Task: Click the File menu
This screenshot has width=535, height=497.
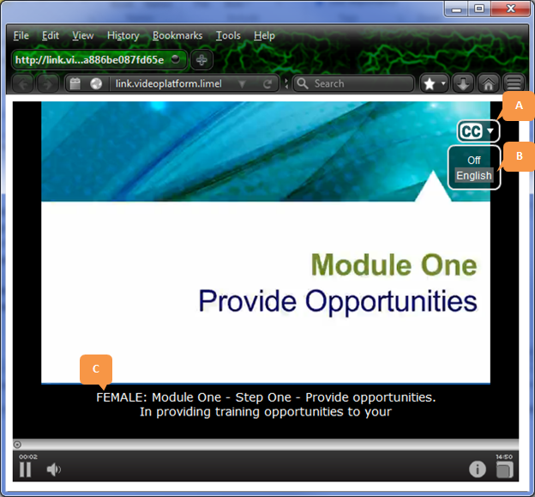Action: point(21,35)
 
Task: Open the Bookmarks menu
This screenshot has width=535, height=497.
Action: point(177,35)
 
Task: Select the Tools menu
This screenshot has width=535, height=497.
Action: point(228,35)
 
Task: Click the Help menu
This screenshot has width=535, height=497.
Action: point(265,35)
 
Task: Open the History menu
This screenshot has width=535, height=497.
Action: point(123,35)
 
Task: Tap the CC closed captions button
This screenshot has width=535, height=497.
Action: point(477,131)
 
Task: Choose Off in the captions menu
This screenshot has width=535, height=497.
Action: point(474,160)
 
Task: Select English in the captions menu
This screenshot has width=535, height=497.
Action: point(474,175)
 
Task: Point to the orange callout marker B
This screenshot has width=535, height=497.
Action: point(518,155)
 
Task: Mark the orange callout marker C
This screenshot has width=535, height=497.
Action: point(96,368)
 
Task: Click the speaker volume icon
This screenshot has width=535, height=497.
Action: point(53,470)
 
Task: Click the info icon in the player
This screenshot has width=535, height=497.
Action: point(478,470)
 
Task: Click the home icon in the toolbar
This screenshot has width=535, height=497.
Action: point(488,83)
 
